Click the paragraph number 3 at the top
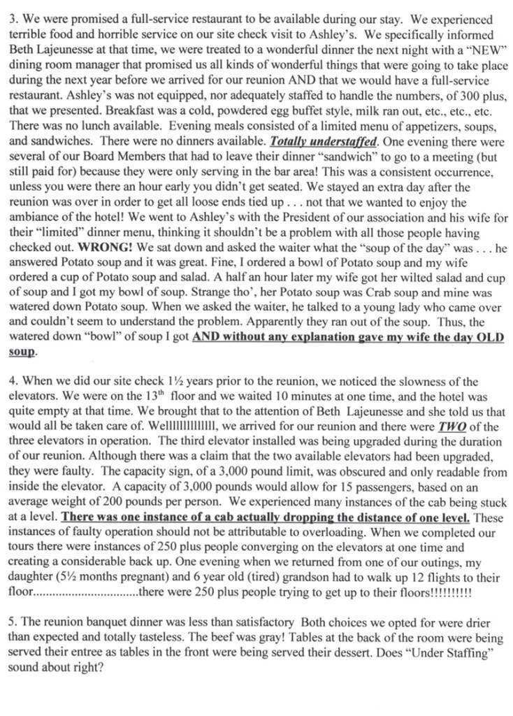click(x=13, y=20)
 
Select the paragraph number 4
click(x=13, y=382)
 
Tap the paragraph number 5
click(x=12, y=622)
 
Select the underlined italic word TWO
click(x=451, y=427)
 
